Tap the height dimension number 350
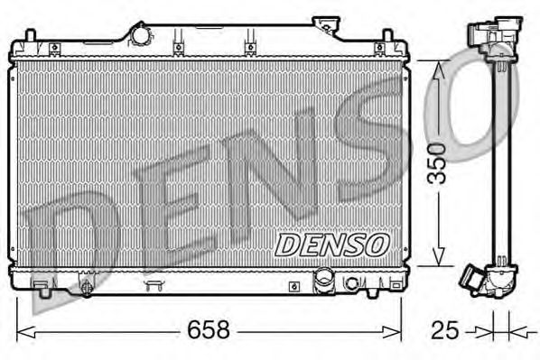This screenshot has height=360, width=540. click(x=437, y=162)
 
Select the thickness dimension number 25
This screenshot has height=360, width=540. click(x=442, y=330)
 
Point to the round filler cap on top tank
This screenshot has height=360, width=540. click(x=141, y=34)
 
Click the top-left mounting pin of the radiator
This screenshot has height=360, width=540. click(x=29, y=37)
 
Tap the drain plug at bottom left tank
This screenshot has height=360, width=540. click(x=87, y=288)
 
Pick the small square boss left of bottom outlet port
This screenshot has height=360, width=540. click(x=293, y=286)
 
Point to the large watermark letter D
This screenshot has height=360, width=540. click(x=72, y=235)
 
